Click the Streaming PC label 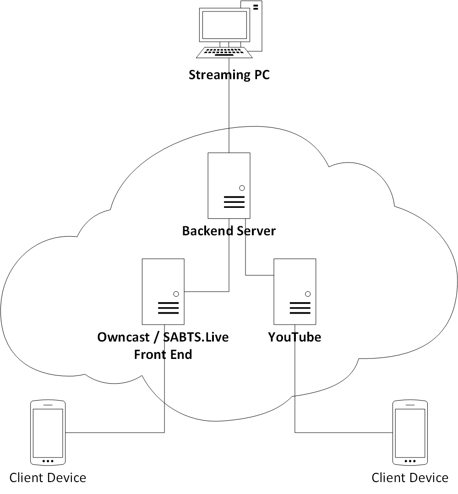pos(229,75)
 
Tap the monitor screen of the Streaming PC pos(221,26)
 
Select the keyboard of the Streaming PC pos(224,53)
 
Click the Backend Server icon pos(229,185)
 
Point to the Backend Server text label pos(229,231)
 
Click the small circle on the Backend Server pos(242,188)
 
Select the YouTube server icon pos(294,291)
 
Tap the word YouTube pos(294,337)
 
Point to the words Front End pos(163,354)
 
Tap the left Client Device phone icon pos(48,433)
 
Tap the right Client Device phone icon pos(410,433)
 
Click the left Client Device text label pos(48,478)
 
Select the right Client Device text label pos(410,478)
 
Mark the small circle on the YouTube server pos(308,294)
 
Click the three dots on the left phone pos(48,461)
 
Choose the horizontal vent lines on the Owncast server pos(168,308)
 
